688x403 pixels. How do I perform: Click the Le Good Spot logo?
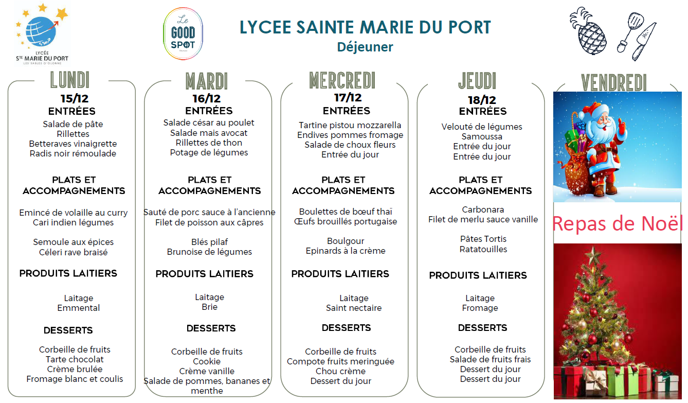tap(183, 34)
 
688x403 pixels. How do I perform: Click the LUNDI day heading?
tap(70, 81)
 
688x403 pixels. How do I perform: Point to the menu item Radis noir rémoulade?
tap(73, 153)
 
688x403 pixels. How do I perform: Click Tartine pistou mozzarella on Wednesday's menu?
tap(350, 125)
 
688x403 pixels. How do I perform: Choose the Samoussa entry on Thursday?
tap(482, 136)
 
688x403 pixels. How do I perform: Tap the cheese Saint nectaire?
tap(354, 308)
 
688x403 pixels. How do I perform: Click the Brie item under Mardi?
tap(209, 307)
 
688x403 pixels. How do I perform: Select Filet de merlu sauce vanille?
tap(483, 219)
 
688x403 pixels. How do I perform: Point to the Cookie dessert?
tap(207, 361)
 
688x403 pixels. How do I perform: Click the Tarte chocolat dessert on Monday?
tap(75, 359)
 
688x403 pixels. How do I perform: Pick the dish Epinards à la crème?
tap(346, 251)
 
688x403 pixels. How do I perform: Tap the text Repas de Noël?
tap(617, 224)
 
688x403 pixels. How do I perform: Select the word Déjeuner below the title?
tap(365, 47)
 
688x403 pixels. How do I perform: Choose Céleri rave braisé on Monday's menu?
tap(74, 252)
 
